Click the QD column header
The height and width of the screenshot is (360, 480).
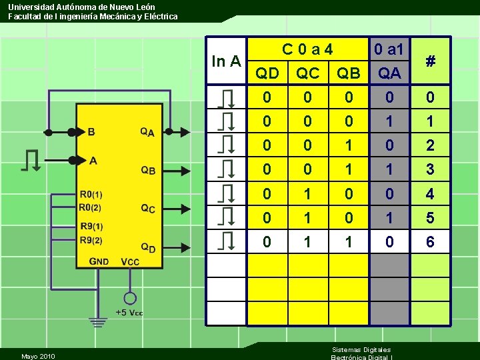(267, 73)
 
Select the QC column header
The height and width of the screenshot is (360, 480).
(307, 73)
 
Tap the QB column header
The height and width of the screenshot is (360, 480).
(348, 73)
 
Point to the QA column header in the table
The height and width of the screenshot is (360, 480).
(389, 73)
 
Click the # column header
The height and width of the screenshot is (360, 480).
(431, 61)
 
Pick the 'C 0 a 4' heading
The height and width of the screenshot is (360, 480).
(307, 49)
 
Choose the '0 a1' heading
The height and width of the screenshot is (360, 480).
(389, 49)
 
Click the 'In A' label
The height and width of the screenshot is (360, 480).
(226, 61)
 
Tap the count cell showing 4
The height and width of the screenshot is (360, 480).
(430, 195)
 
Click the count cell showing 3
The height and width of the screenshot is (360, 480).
(430, 170)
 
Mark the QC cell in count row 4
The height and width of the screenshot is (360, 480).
(307, 195)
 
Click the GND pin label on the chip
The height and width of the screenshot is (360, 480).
(100, 261)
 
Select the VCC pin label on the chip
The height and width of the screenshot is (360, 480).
(130, 261)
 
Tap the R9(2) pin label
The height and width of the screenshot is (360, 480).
(91, 240)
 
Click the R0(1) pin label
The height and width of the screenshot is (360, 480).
(91, 195)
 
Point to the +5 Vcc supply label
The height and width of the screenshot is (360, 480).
(129, 313)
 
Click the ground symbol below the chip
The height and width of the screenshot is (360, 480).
(99, 322)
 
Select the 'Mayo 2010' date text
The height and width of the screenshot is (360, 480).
(38, 355)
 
